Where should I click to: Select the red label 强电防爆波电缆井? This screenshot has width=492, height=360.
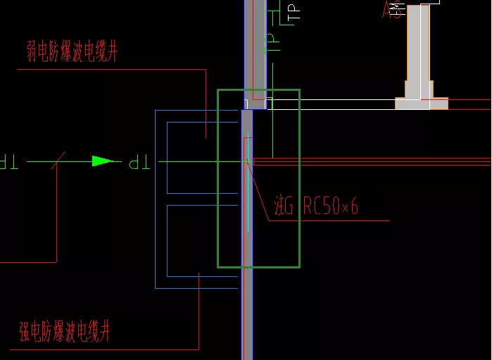(65, 330)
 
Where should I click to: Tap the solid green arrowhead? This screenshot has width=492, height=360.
(103, 161)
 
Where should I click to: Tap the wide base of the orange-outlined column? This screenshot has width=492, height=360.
(421, 104)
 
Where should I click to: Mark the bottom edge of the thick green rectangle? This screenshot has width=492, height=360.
(258, 267)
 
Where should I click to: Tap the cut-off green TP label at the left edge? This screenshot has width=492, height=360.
(9, 163)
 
